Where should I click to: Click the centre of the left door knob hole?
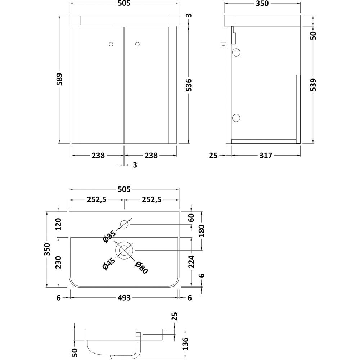tap(111, 44)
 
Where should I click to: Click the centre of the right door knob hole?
tap(137, 44)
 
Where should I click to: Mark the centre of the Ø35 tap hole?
tap(124, 224)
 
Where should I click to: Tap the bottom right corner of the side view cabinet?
tap(300, 144)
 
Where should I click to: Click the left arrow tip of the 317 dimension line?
tap(231, 155)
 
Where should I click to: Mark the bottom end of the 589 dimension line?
tap(59, 144)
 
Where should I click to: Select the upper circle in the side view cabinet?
tap(236, 52)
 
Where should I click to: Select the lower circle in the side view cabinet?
tap(236, 118)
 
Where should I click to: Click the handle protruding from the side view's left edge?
tap(223, 44)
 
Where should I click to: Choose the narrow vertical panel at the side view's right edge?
tap(298, 109)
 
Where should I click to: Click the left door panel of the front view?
tap(102, 85)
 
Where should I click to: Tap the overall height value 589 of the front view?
tap(59, 79)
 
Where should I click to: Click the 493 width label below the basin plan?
tap(124, 298)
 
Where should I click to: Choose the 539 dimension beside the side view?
tap(313, 85)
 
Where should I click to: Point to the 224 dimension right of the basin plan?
tap(191, 262)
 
